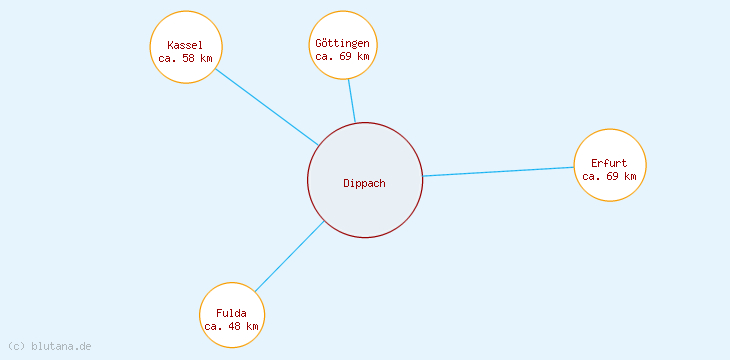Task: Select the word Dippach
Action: [364, 183]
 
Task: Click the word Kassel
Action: [185, 45]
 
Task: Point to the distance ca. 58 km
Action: [185, 58]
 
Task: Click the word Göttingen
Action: [342, 43]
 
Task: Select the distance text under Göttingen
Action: [342, 56]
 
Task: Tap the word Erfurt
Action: [609, 163]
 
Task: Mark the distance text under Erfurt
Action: [609, 176]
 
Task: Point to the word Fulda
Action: [231, 313]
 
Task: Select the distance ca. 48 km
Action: [231, 326]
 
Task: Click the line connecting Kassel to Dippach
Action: [267, 106]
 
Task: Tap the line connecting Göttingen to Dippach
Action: [351, 101]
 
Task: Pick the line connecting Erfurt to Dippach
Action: [498, 172]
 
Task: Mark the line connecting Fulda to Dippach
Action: [289, 257]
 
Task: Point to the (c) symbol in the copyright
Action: [16, 346]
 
